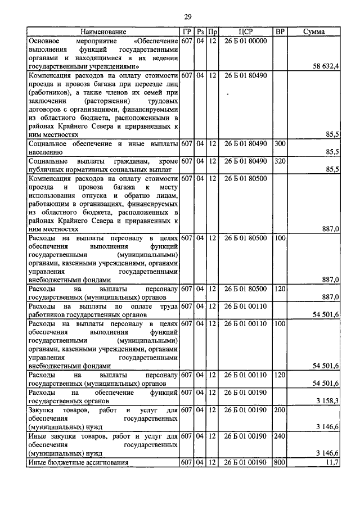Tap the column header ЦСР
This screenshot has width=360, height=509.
pyautogui.click(x=245, y=32)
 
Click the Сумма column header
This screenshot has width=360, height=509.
pyautogui.click(x=313, y=32)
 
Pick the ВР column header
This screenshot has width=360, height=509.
pyautogui.click(x=280, y=32)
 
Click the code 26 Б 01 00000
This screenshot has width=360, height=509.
pyautogui.click(x=245, y=41)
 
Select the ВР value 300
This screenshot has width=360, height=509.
pyautogui.click(x=280, y=144)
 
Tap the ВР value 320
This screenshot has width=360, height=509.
pyautogui.click(x=280, y=161)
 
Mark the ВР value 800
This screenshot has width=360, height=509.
pyautogui.click(x=280, y=462)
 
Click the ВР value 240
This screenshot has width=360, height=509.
pyautogui.click(x=280, y=436)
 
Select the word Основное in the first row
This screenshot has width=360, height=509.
pyautogui.click(x=46, y=41)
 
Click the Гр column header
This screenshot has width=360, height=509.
pyautogui.click(x=187, y=32)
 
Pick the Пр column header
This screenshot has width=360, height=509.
pyautogui.click(x=212, y=32)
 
